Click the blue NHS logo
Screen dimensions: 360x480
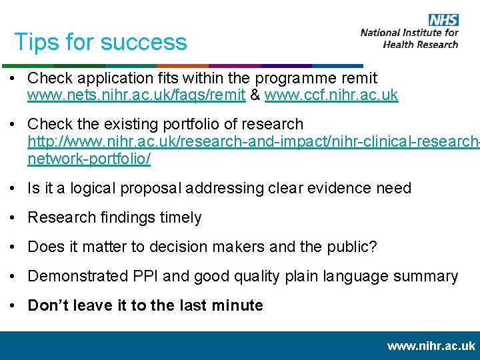click(x=443, y=20)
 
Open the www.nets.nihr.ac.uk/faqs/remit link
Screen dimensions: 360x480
click(x=136, y=95)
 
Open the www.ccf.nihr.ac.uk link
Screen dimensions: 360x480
click(x=331, y=95)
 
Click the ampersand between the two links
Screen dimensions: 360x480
click(x=255, y=95)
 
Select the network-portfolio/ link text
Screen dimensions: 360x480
click(x=89, y=159)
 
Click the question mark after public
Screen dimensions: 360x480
click(x=373, y=247)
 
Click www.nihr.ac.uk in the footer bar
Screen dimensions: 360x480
click(x=431, y=345)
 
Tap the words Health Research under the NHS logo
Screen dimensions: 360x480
click(x=421, y=45)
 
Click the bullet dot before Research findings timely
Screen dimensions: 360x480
click(x=15, y=218)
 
